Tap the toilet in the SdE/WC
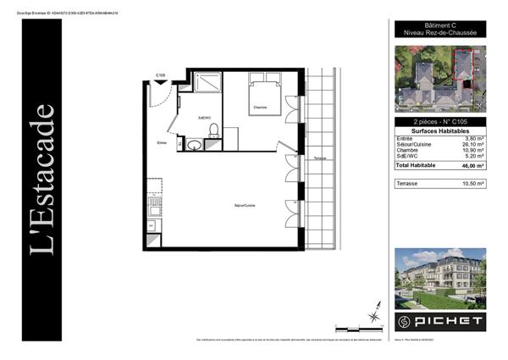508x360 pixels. point(213,130)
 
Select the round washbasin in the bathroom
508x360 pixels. point(194,145)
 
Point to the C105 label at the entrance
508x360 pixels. point(159,75)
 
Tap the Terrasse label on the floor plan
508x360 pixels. point(319,158)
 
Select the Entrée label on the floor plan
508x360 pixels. point(162,143)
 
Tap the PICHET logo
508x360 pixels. point(440,322)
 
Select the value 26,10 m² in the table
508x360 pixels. point(472,144)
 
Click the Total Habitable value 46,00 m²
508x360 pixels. point(471,165)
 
